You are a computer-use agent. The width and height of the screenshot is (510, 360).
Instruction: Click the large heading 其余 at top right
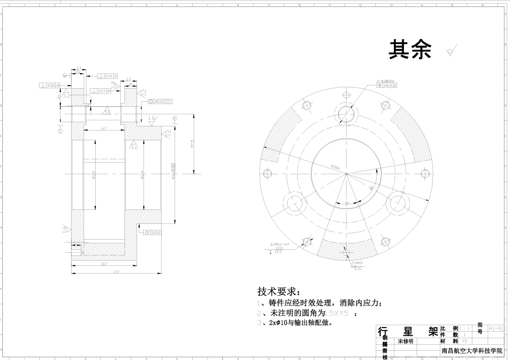[410, 49]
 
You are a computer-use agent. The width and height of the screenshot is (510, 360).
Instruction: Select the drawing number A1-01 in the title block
[496, 328]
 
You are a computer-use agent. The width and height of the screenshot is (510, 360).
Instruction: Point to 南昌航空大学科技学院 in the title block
[471, 351]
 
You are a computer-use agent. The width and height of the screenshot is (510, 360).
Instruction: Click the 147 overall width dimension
[116, 272]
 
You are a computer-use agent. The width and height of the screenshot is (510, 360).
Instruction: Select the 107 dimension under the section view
[104, 264]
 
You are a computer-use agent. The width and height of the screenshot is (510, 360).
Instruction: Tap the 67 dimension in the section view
[104, 128]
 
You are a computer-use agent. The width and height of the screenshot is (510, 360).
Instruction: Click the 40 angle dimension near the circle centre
[347, 203]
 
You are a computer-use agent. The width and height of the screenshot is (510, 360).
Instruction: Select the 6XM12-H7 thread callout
[280, 244]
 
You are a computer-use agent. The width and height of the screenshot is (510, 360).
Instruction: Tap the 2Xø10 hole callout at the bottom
[357, 263]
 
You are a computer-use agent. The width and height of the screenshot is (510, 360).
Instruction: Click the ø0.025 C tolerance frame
[160, 101]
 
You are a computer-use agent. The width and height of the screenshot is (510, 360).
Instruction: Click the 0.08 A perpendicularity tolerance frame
[48, 85]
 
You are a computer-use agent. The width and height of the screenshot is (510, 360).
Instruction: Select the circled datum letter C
[60, 131]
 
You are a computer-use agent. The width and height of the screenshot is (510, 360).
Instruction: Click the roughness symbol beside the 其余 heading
[451, 51]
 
